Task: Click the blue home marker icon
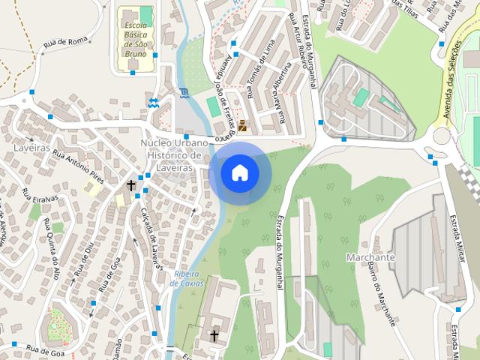coord(240,173)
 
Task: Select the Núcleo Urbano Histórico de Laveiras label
coord(171,155)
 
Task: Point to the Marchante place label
coord(370,257)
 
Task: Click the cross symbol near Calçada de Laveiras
coord(131,184)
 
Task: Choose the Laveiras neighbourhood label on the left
coord(31,148)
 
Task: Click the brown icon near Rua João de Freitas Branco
coord(241,125)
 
